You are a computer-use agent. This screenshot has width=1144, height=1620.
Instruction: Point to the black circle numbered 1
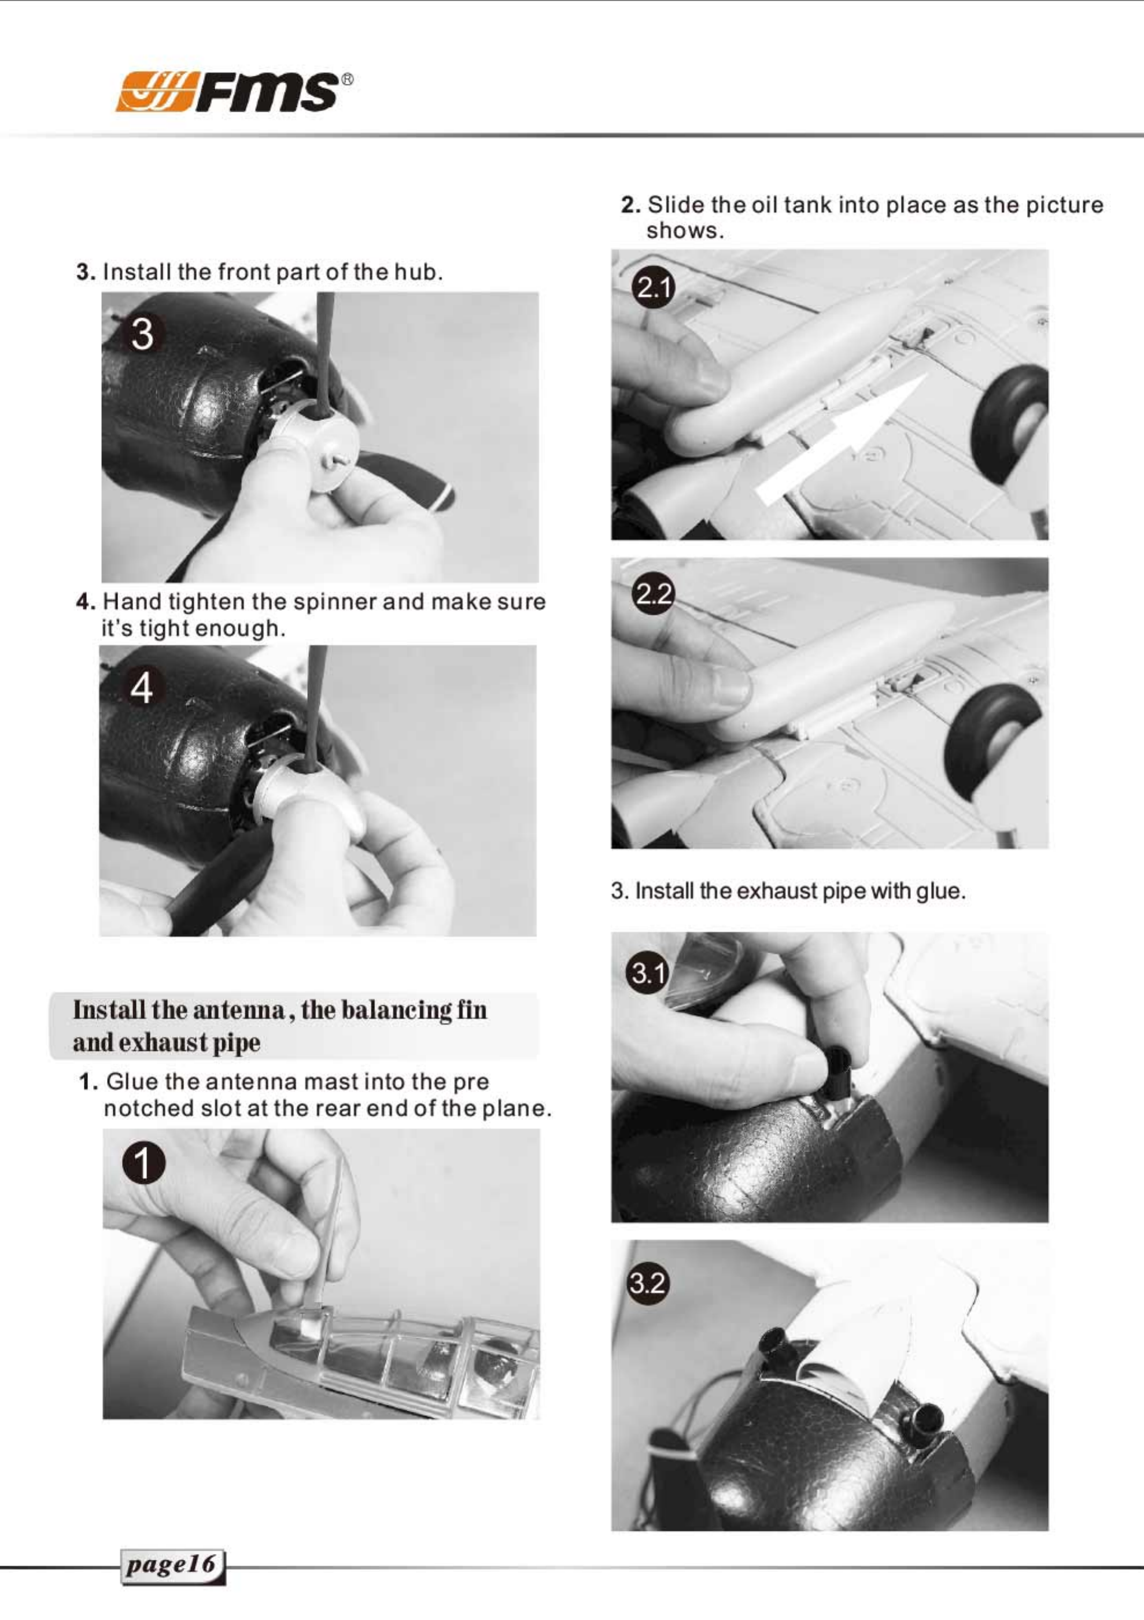(x=143, y=1164)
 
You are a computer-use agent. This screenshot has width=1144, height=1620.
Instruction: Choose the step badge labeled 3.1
(x=647, y=973)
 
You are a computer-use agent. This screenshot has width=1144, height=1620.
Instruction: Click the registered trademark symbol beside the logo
(x=347, y=80)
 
